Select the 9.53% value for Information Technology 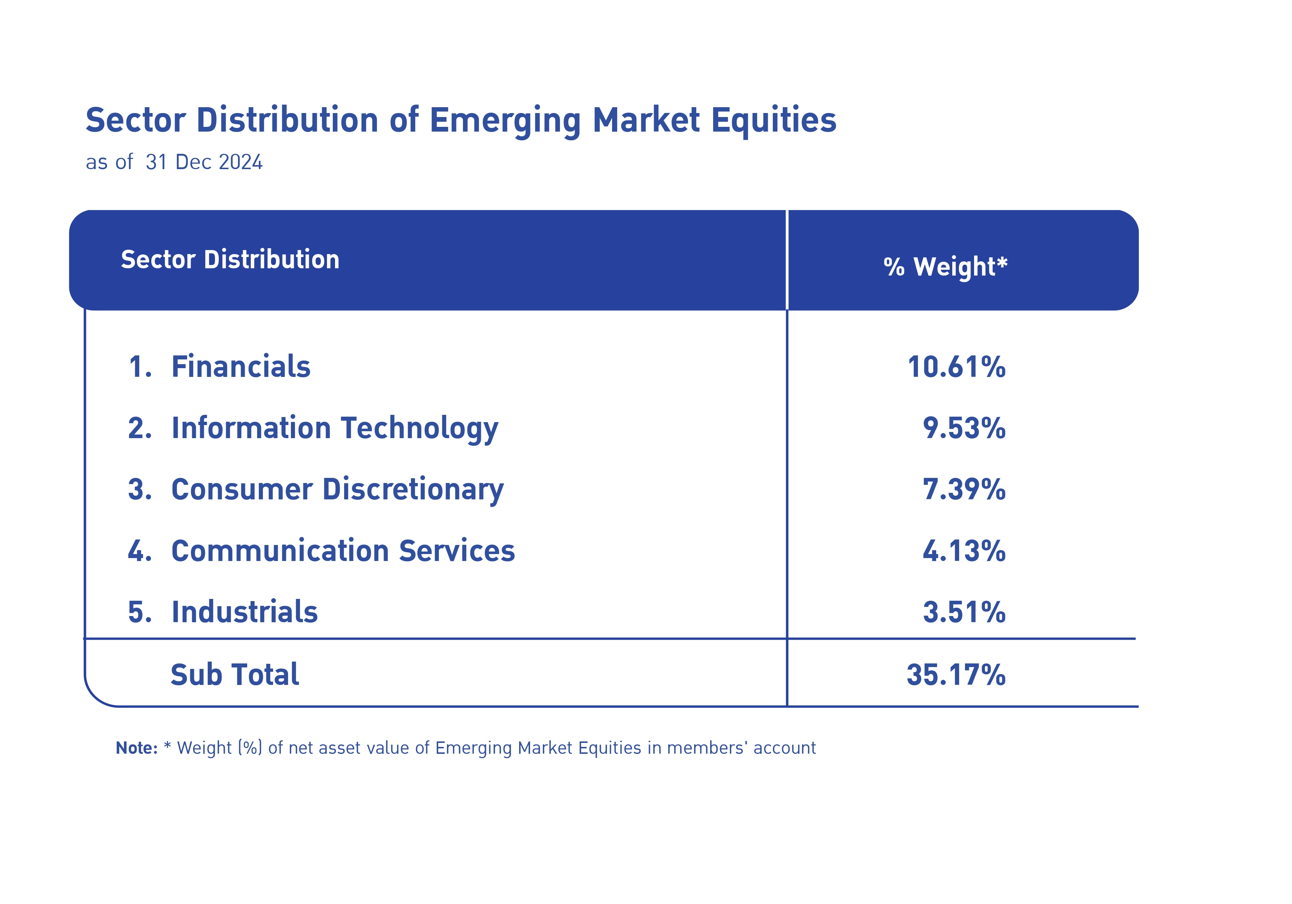964,428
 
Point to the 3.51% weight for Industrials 964,612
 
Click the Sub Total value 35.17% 956,674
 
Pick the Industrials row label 244,612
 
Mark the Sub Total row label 235,674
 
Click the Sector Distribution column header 230,259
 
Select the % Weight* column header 945,266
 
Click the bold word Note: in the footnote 136,748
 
